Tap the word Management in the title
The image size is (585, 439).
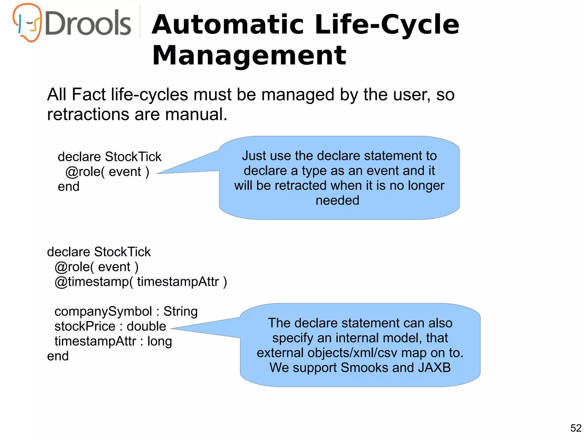(249, 55)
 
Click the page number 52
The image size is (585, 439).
(576, 428)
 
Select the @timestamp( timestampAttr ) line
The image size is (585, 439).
(141, 282)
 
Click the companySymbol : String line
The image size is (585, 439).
(126, 311)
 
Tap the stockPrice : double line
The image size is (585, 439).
(110, 326)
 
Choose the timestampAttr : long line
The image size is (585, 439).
(113, 341)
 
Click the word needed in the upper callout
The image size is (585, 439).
(337, 200)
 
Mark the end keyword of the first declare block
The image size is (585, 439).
(69, 187)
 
